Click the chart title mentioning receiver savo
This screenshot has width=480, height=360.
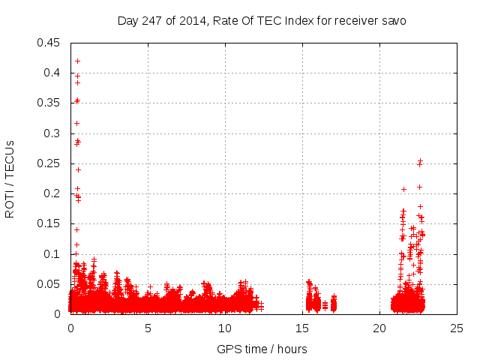pyautogui.click(x=262, y=21)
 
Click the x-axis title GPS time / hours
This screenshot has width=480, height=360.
pyautogui.click(x=262, y=349)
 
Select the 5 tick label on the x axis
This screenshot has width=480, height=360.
pyautogui.click(x=148, y=328)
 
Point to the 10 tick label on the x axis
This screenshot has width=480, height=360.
pyautogui.click(x=225, y=328)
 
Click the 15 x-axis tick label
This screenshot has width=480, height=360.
pyautogui.click(x=302, y=328)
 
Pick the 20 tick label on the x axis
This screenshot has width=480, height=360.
pyautogui.click(x=379, y=328)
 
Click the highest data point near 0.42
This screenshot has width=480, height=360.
pyautogui.click(x=77, y=61)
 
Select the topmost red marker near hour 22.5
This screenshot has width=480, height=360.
pyautogui.click(x=421, y=160)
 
